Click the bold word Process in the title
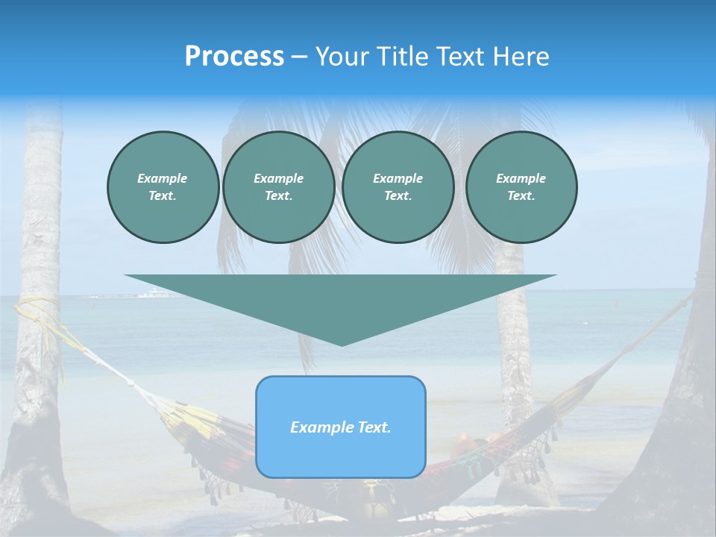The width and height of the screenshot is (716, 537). click(x=234, y=57)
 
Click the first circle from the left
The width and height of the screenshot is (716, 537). click(x=163, y=187)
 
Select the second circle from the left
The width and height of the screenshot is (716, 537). click(x=279, y=187)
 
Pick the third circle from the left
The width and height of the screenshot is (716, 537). click(x=398, y=187)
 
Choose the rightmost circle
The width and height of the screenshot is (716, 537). click(x=521, y=187)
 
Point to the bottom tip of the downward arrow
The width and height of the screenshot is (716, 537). click(x=342, y=345)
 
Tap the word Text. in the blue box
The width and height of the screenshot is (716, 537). click(x=373, y=427)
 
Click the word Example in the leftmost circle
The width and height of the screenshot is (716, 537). click(x=163, y=178)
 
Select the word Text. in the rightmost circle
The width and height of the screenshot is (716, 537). click(x=521, y=196)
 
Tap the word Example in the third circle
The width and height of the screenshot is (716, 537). click(x=398, y=178)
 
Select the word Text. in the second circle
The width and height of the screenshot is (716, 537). click(x=279, y=196)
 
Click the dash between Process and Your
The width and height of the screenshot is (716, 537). click(x=299, y=57)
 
